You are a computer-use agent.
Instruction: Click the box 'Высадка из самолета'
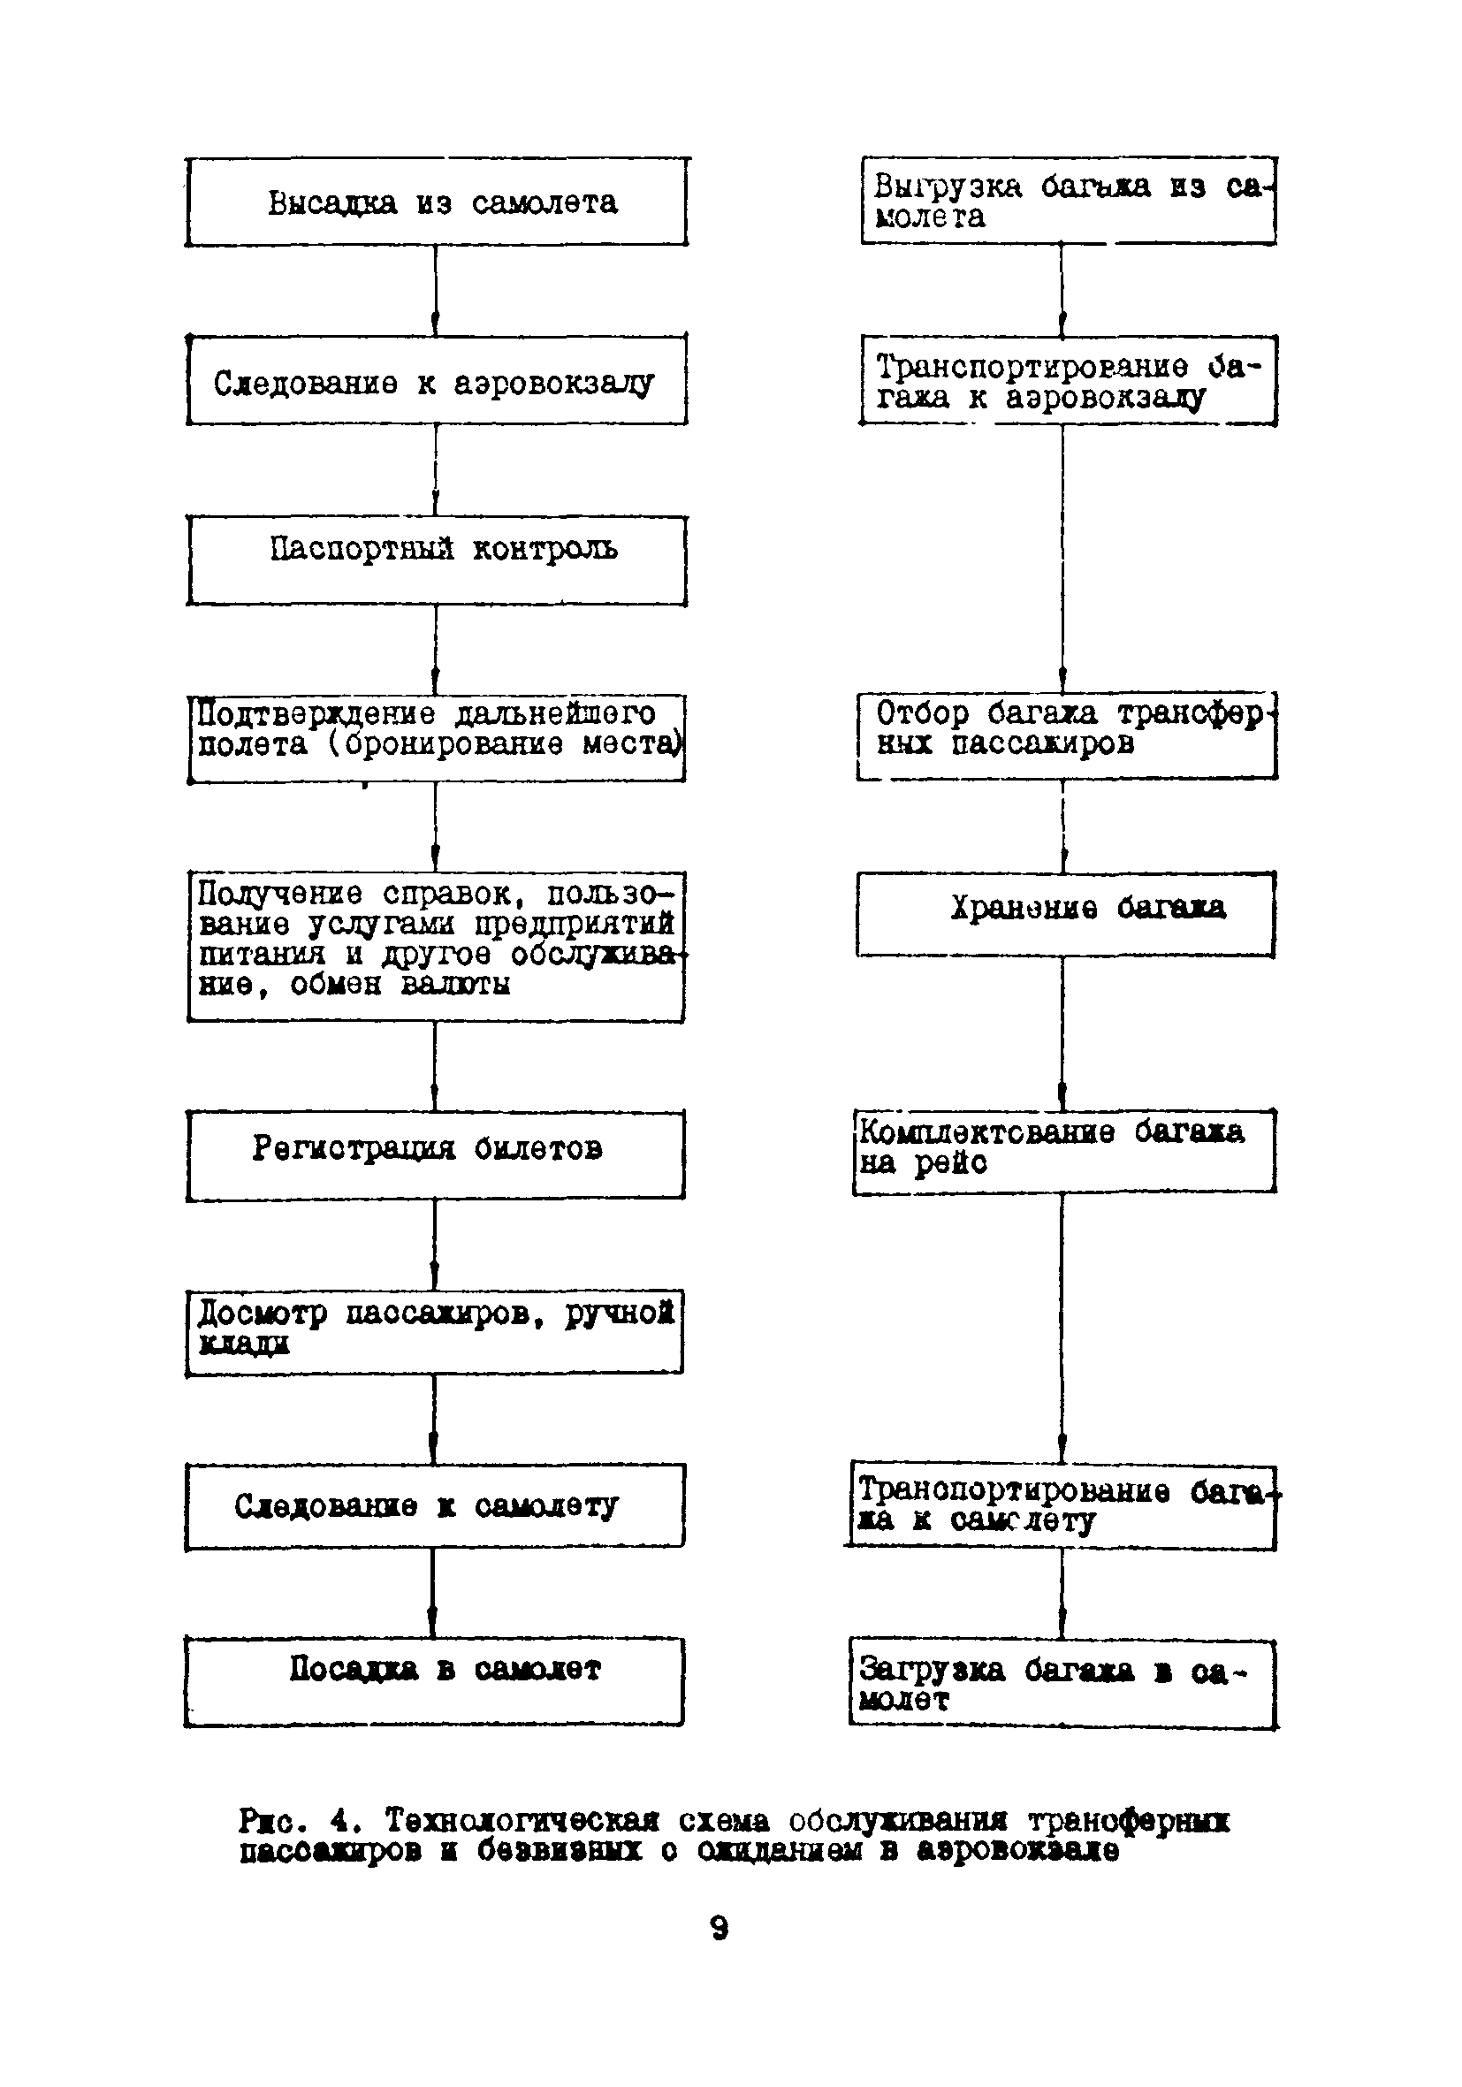pos(437,202)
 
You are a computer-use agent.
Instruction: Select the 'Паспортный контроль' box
pos(437,560)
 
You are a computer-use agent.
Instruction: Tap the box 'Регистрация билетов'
pos(436,1155)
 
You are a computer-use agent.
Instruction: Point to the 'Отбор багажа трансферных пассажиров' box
pos(1067,736)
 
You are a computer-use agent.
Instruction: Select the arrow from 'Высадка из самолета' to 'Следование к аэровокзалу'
pos(436,291)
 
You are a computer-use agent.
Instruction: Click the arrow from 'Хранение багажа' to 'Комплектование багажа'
pos(1062,1032)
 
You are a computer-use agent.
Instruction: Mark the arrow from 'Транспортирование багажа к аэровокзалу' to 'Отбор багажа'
pos(1062,559)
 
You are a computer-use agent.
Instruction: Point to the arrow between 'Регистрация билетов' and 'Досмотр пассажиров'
pos(435,1245)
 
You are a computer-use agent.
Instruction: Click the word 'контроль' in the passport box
pos(544,549)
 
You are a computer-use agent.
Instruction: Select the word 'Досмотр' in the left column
pos(262,1314)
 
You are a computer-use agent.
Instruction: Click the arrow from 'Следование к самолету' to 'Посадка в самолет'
pos(433,1594)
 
